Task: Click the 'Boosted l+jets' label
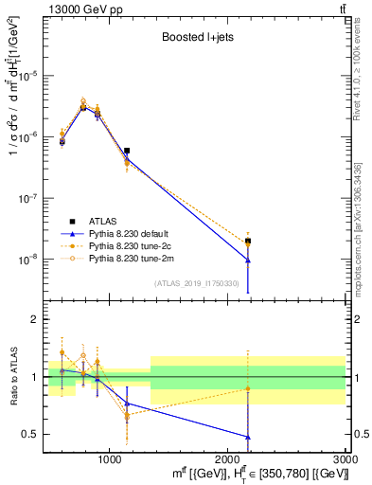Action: click(x=194, y=39)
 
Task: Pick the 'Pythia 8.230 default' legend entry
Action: click(x=139, y=232)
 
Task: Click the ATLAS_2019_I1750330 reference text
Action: click(x=196, y=283)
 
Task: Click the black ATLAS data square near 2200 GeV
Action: click(x=248, y=242)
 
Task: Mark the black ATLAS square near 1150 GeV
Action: click(x=127, y=151)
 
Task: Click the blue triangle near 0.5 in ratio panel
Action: click(x=248, y=437)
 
